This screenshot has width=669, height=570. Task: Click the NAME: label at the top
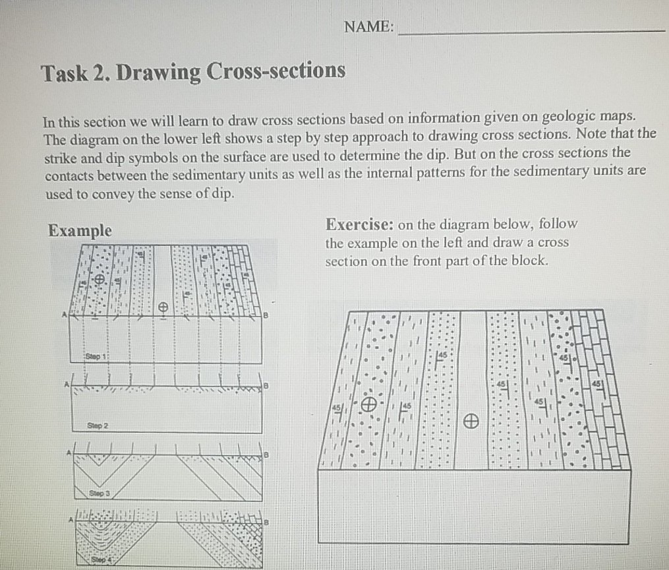click(369, 27)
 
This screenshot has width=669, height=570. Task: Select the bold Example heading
click(80, 231)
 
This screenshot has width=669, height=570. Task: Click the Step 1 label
click(96, 357)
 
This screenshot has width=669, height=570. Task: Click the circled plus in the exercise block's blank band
click(470, 420)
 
